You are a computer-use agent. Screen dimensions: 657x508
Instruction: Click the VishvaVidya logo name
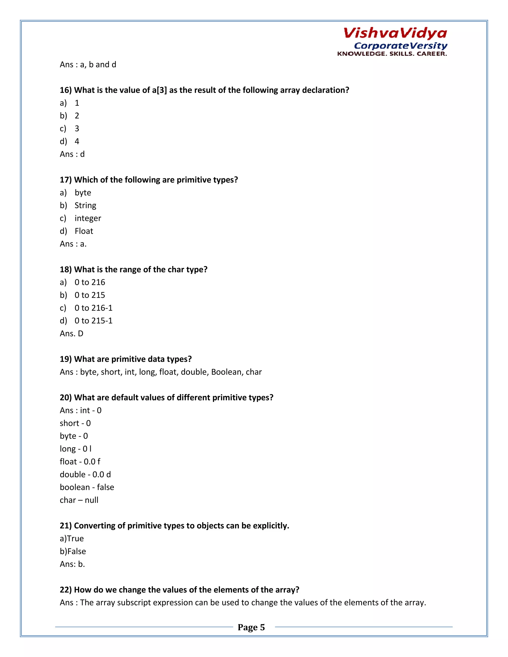(395, 33)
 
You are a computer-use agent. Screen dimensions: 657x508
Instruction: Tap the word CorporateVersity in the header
(400, 46)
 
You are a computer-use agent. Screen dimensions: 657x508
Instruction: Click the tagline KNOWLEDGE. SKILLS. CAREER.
(392, 54)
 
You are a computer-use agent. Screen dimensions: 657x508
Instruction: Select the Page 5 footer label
(251, 627)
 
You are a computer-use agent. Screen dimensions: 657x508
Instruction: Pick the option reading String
(85, 206)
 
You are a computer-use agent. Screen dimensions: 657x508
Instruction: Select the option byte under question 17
(83, 193)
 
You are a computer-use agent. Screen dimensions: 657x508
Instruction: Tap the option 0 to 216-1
(93, 308)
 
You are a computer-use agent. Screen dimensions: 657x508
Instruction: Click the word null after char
(92, 500)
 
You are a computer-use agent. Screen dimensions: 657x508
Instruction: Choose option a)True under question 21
(72, 538)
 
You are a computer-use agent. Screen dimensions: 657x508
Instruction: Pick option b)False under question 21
(73, 551)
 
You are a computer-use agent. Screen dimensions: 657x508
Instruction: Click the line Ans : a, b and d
(88, 65)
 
